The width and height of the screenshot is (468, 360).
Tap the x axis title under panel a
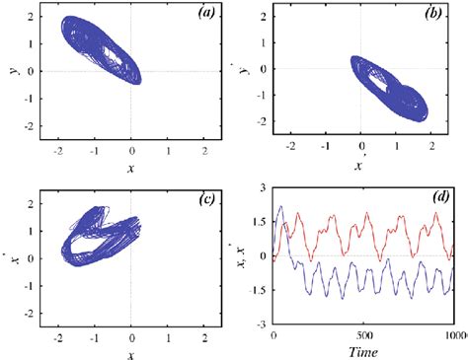131,168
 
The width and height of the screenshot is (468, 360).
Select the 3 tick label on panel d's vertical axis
263,187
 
